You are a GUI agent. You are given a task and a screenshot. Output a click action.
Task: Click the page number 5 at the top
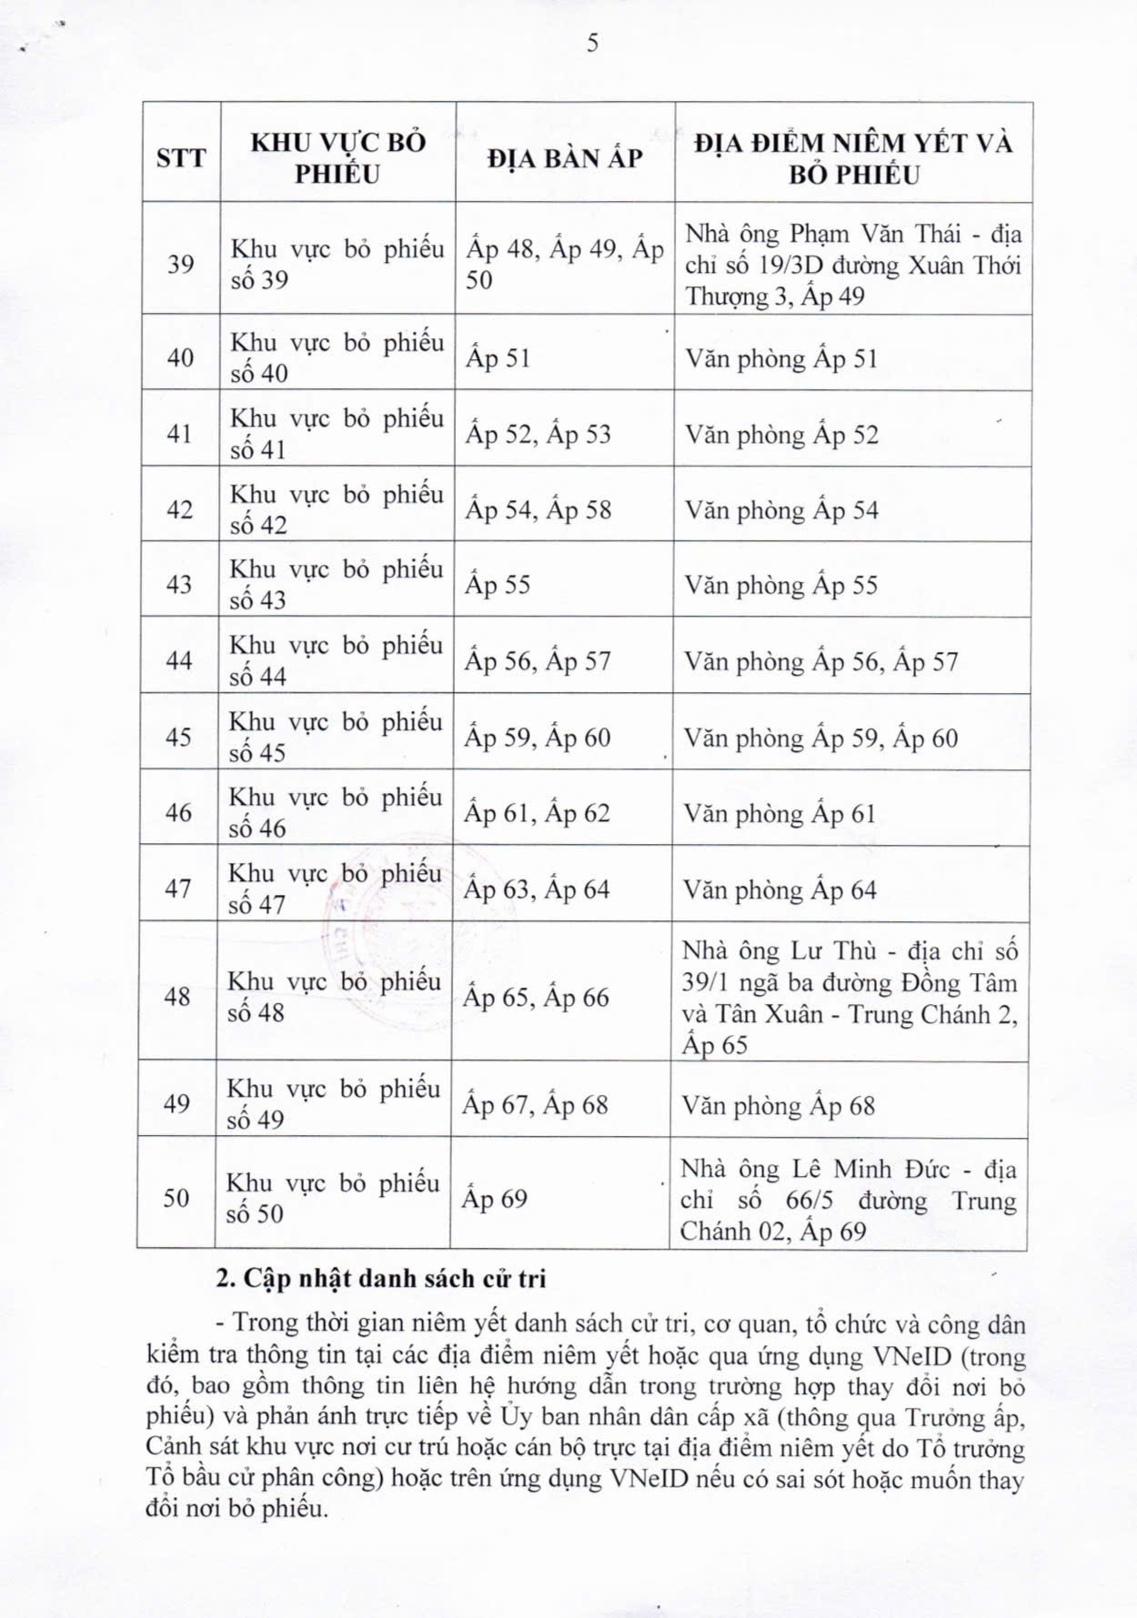coord(593,44)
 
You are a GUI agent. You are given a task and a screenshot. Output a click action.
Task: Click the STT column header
coord(181,158)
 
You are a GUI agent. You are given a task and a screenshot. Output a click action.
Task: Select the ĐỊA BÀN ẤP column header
coord(564,158)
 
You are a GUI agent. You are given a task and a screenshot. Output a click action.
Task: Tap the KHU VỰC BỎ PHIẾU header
coord(337,158)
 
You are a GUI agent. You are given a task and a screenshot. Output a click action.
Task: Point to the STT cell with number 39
coord(180,265)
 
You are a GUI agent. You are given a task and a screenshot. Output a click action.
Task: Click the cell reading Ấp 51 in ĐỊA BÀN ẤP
coord(498,358)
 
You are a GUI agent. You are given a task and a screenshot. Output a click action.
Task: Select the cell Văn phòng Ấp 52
coord(782,435)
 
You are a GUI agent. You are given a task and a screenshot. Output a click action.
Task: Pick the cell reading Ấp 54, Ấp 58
coord(538,510)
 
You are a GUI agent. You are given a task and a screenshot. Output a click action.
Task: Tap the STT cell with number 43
coord(179,585)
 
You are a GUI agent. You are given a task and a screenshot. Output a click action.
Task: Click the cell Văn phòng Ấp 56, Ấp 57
coord(821,661)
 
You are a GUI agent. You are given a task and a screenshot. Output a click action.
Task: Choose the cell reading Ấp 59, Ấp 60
coord(538,738)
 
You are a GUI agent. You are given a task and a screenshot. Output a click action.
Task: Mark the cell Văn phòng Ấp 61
coord(780,814)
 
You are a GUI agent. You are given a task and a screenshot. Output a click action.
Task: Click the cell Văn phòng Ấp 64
coord(780,889)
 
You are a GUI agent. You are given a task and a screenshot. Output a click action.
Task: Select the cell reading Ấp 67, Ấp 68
coord(535,1106)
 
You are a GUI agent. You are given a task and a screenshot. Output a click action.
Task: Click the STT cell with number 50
coord(176,1198)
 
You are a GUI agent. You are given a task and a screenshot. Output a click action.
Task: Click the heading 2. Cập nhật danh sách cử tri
coord(381,1279)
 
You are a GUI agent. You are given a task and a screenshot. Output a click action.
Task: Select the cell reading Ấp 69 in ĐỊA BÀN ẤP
coord(494,1199)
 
